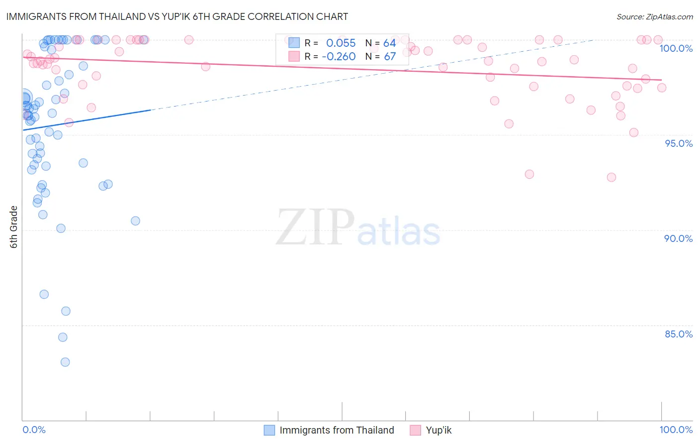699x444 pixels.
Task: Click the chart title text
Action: (x=177, y=16)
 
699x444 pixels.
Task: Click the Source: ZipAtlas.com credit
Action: (x=654, y=16)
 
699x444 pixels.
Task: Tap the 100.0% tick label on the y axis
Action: (x=676, y=48)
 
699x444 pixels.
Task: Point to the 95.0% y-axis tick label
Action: (x=679, y=143)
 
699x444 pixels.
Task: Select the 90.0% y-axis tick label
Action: (x=678, y=238)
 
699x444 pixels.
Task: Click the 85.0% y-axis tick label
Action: (x=679, y=334)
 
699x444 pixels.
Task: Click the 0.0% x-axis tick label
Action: (x=34, y=430)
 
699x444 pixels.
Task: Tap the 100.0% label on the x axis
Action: (x=676, y=430)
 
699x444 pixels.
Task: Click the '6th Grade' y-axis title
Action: (x=14, y=227)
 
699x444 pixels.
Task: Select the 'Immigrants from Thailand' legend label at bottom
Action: (x=337, y=430)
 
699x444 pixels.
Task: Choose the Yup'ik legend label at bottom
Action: (x=438, y=430)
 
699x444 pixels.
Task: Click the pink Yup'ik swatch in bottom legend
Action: (x=415, y=430)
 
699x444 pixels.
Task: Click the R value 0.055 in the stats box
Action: (x=341, y=43)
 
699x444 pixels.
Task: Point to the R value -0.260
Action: (x=339, y=57)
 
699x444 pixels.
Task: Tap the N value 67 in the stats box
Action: (x=390, y=57)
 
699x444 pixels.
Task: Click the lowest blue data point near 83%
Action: (x=65, y=362)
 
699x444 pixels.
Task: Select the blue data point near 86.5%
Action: (x=44, y=294)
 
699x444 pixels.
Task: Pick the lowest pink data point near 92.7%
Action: (x=612, y=177)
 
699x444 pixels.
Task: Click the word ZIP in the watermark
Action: (x=315, y=227)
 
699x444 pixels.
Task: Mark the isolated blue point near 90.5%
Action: (x=135, y=221)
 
